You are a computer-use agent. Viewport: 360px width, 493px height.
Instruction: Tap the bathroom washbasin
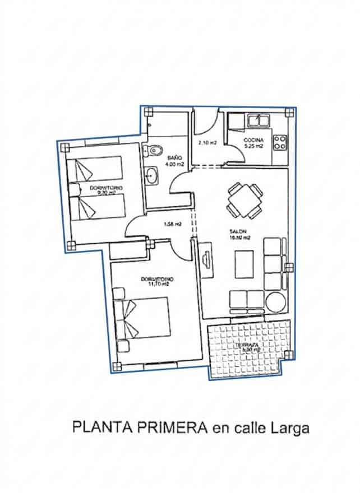[x=151, y=175]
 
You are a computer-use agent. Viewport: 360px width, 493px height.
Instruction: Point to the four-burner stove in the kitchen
[x=279, y=142]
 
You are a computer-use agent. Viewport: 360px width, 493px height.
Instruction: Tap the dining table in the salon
[x=244, y=201]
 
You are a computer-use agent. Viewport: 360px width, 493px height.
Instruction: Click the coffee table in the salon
[x=245, y=265]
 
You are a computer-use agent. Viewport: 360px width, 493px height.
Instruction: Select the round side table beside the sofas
[x=276, y=301]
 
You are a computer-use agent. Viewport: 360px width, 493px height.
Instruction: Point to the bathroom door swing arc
[x=180, y=182]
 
